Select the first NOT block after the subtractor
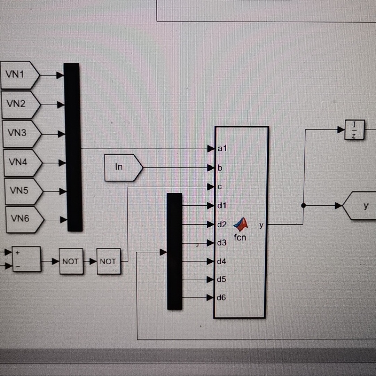point(71,261)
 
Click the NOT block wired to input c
point(109,261)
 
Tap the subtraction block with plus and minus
point(26,259)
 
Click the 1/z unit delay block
point(354,130)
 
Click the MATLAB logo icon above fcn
point(241,225)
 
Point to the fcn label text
point(240,237)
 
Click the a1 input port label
point(222,149)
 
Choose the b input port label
point(220,168)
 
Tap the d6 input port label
point(221,298)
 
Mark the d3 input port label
point(221,243)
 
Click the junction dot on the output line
point(303,206)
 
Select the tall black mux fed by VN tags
point(73,147)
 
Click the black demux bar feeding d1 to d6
point(174,251)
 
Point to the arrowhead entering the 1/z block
point(341,130)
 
